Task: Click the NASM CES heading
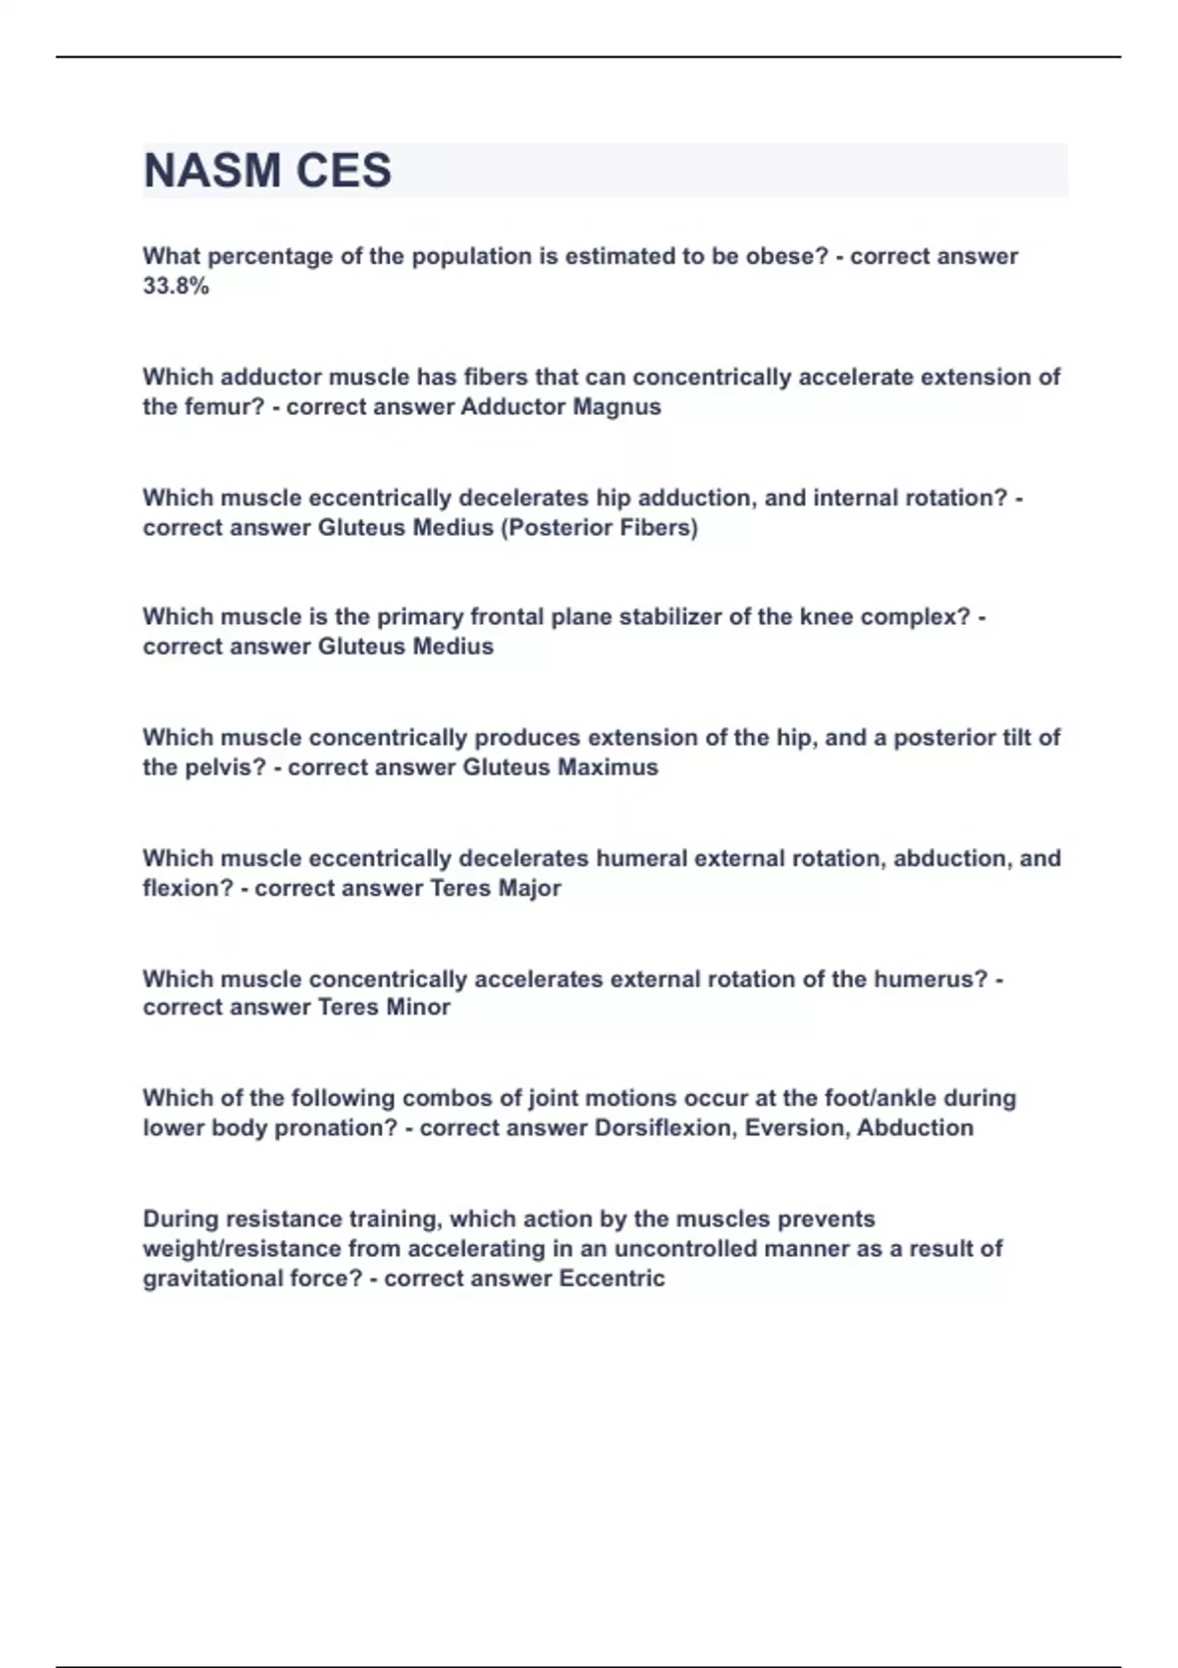pos(267,171)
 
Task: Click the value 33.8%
pos(176,287)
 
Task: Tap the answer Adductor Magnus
pos(561,407)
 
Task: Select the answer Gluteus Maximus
pos(560,767)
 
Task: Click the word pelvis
pos(225,767)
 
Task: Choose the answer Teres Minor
pos(384,1008)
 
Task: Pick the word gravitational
pos(210,1278)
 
